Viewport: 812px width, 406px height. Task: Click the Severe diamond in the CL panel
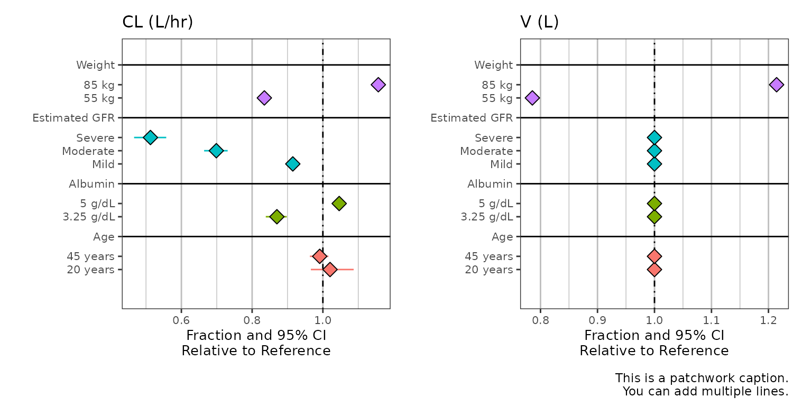coord(151,137)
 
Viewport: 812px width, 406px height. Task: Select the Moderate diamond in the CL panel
coord(216,151)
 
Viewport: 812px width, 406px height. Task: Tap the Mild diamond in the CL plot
coord(292,164)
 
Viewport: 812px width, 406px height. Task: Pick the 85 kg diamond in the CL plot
coord(378,85)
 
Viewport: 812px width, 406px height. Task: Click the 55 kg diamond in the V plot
coord(532,98)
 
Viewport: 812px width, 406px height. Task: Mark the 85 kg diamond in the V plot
coord(776,85)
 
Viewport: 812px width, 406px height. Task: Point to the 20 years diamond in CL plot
coord(330,270)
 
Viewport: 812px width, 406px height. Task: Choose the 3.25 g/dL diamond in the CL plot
coord(276,217)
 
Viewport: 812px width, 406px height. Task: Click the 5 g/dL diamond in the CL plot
coord(339,204)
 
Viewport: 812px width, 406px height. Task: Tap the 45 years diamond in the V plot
coord(654,256)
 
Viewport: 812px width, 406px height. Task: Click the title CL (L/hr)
coord(158,22)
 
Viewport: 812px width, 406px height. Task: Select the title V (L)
coord(539,22)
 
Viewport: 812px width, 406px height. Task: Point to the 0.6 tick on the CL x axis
coord(181,320)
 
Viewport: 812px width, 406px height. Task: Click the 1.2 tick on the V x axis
coord(768,320)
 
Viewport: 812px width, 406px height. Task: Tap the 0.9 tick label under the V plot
coord(597,320)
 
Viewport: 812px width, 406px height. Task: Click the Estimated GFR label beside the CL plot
coord(73,118)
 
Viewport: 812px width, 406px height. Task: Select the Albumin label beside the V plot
coord(490,184)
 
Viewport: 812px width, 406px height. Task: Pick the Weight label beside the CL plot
coord(95,65)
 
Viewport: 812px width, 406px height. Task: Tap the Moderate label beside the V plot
coord(486,151)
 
